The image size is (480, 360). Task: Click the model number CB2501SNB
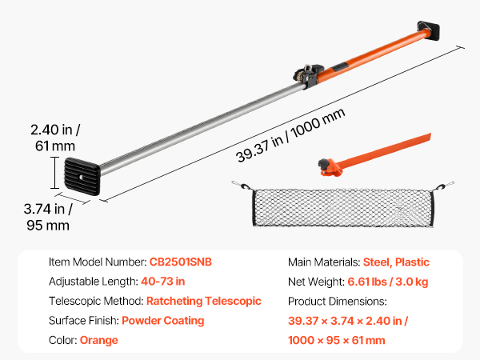click(180, 262)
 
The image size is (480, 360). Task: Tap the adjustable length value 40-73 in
click(163, 282)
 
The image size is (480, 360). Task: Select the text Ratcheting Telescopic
click(204, 301)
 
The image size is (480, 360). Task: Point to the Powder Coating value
click(163, 321)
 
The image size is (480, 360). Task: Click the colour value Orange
click(99, 340)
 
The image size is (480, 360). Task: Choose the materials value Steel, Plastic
click(396, 262)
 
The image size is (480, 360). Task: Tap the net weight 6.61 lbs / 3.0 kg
click(387, 282)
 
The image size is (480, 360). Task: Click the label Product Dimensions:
click(338, 302)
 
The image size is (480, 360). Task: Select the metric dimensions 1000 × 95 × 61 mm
click(337, 340)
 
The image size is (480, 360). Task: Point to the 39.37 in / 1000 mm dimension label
click(290, 135)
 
